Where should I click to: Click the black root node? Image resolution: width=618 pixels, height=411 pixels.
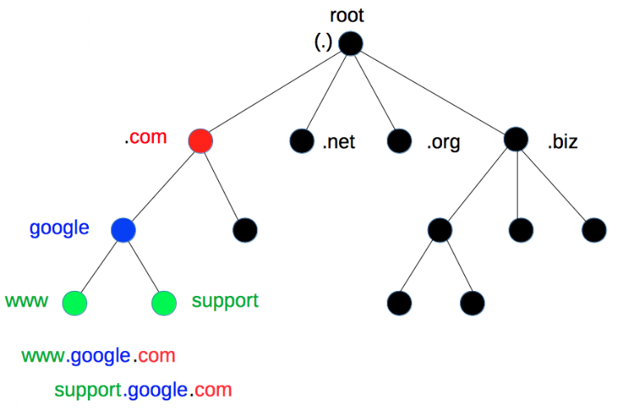[350, 43]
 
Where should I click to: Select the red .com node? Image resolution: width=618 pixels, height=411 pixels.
[200, 141]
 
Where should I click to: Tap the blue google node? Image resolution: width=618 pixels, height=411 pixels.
[123, 229]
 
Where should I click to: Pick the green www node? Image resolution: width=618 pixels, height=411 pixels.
[75, 303]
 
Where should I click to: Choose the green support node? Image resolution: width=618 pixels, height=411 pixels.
[165, 303]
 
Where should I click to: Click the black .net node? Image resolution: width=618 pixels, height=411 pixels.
[302, 141]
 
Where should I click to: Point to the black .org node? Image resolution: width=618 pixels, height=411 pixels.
[399, 141]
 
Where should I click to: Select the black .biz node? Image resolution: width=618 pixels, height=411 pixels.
[516, 140]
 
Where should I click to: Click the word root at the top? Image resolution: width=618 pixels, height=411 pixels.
[346, 15]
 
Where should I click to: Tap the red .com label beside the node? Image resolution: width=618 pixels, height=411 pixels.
[146, 137]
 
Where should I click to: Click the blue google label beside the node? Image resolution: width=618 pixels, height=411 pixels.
[59, 228]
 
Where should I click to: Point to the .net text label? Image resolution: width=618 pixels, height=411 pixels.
[338, 142]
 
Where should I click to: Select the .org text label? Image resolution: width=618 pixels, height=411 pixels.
[443, 142]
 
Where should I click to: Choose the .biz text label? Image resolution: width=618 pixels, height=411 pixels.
[563, 142]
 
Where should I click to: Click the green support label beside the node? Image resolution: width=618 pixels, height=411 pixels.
[225, 301]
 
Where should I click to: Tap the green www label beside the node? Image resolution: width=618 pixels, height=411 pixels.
[26, 301]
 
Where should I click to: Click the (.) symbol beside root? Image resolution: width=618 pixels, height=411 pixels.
[323, 43]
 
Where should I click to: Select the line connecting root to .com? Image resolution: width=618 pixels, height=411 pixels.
[275, 91]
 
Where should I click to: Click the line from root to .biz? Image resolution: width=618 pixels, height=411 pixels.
[433, 91]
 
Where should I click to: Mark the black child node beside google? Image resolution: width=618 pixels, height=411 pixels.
[245, 229]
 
